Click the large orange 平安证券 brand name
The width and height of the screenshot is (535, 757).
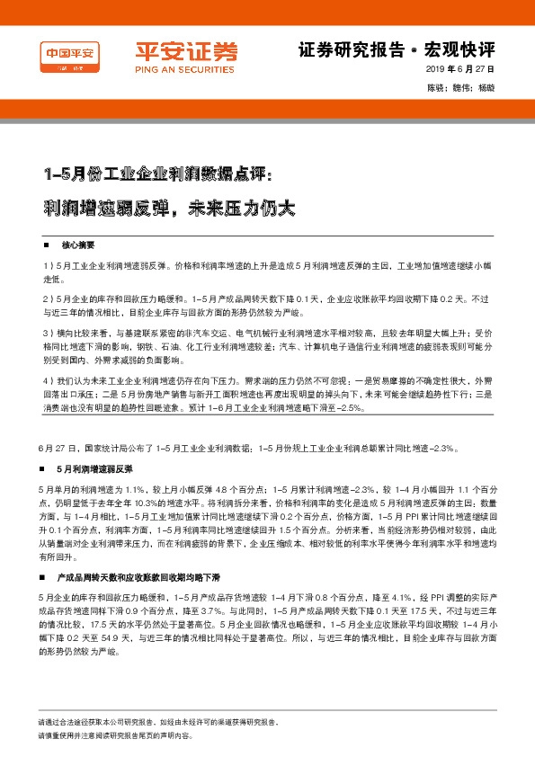[x=174, y=51]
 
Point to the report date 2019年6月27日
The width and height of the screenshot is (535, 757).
[x=459, y=70]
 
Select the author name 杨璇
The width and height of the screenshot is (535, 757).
[x=486, y=88]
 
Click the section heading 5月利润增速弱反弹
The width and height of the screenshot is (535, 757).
[x=94, y=468]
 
